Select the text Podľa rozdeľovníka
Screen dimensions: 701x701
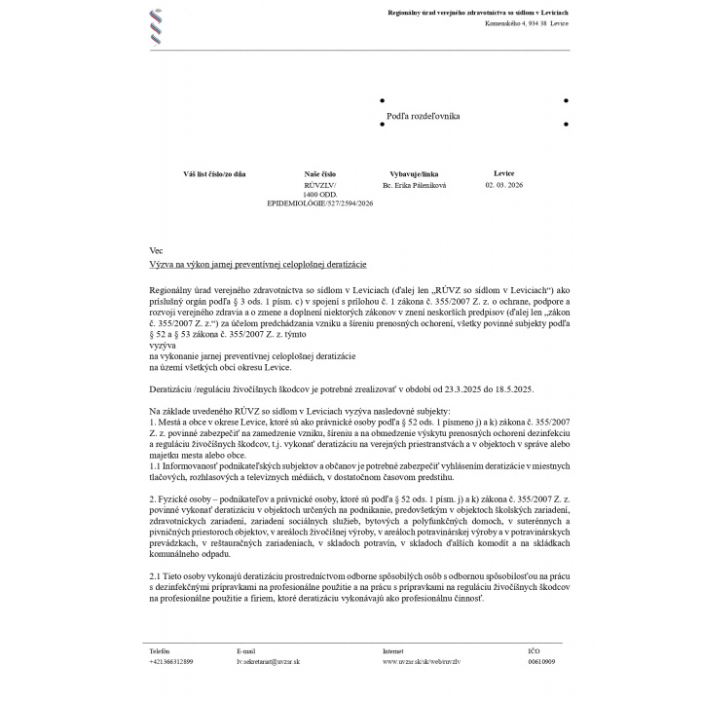coord(423,116)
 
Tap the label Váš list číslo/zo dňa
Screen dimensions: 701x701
coord(214,173)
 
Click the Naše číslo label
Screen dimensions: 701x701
coord(319,173)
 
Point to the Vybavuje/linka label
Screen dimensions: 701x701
coord(414,173)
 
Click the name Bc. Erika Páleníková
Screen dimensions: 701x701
coord(414,185)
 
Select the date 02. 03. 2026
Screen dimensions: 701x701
coord(503,185)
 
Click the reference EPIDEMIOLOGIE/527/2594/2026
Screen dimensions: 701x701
coord(319,203)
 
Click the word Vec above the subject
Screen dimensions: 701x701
coord(156,250)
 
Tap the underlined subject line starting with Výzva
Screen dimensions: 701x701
coord(258,264)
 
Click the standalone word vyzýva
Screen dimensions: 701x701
coord(163,346)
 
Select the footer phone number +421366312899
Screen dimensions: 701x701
coord(171,661)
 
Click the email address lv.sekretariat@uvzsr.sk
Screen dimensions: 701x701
coord(268,661)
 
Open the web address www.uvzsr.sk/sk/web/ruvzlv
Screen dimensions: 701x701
coord(422,661)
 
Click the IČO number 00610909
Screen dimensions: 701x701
coord(541,661)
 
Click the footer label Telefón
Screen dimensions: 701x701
coord(159,650)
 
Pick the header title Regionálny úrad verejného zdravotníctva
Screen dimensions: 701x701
coord(478,12)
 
